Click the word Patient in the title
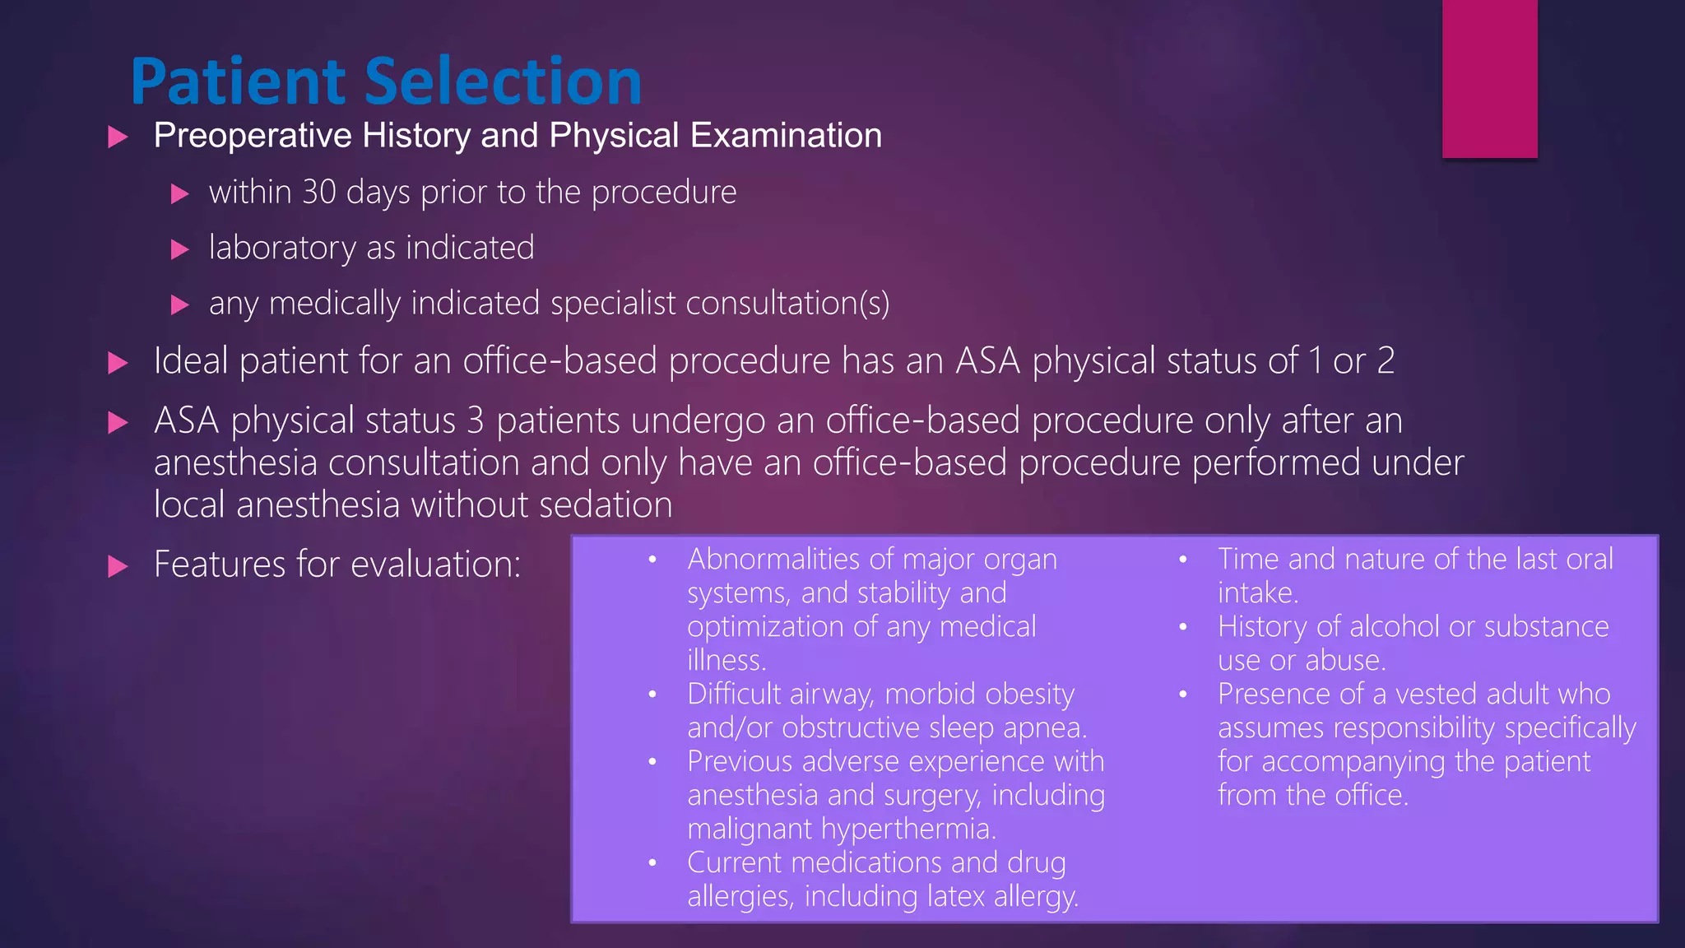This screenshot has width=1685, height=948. pos(239,81)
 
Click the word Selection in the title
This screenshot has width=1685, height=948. pos(503,81)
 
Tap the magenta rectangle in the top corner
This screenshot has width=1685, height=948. pos(1489,78)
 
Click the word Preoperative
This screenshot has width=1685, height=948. pos(253,136)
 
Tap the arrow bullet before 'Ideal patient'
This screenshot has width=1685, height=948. pos(118,363)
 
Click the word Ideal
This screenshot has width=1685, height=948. pos(191,361)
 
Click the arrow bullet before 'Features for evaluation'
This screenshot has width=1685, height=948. pos(118,566)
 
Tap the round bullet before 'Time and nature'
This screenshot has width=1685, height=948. pos(1183,560)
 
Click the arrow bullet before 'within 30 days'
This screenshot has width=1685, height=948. pos(180,194)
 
